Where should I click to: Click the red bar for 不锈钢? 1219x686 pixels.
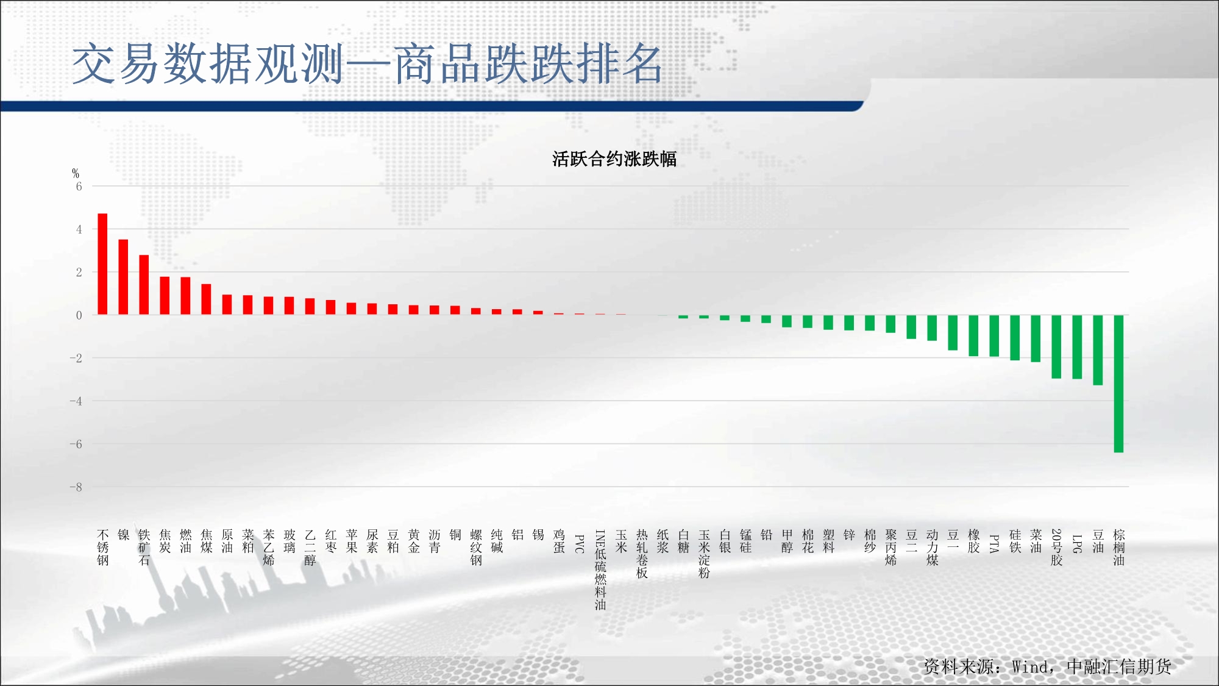[x=102, y=264]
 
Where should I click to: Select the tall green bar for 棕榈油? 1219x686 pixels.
[x=1118, y=384]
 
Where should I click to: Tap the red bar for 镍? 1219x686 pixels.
[x=123, y=277]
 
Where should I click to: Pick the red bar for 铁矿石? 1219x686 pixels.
[x=144, y=285]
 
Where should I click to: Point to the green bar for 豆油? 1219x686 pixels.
[x=1098, y=350]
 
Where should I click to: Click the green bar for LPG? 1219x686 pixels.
[x=1077, y=347]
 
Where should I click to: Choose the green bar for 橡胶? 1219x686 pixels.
[x=973, y=335]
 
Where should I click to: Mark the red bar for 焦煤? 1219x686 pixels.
[x=206, y=299]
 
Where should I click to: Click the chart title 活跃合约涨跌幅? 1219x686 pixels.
[x=614, y=159]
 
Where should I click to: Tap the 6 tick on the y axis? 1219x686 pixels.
[x=79, y=187]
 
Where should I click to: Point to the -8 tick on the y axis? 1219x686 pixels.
[x=76, y=487]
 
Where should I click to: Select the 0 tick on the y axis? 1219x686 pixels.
[x=79, y=315]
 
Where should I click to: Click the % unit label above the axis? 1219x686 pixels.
[x=76, y=174]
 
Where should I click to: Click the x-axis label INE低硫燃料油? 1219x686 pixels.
[x=600, y=570]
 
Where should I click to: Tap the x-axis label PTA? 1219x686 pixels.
[x=994, y=544]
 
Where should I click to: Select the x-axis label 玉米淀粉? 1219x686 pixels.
[x=704, y=554]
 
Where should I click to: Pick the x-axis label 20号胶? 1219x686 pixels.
[x=1056, y=548]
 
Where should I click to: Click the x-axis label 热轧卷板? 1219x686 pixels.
[x=642, y=554]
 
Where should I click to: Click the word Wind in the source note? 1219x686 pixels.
[x=1029, y=667]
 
